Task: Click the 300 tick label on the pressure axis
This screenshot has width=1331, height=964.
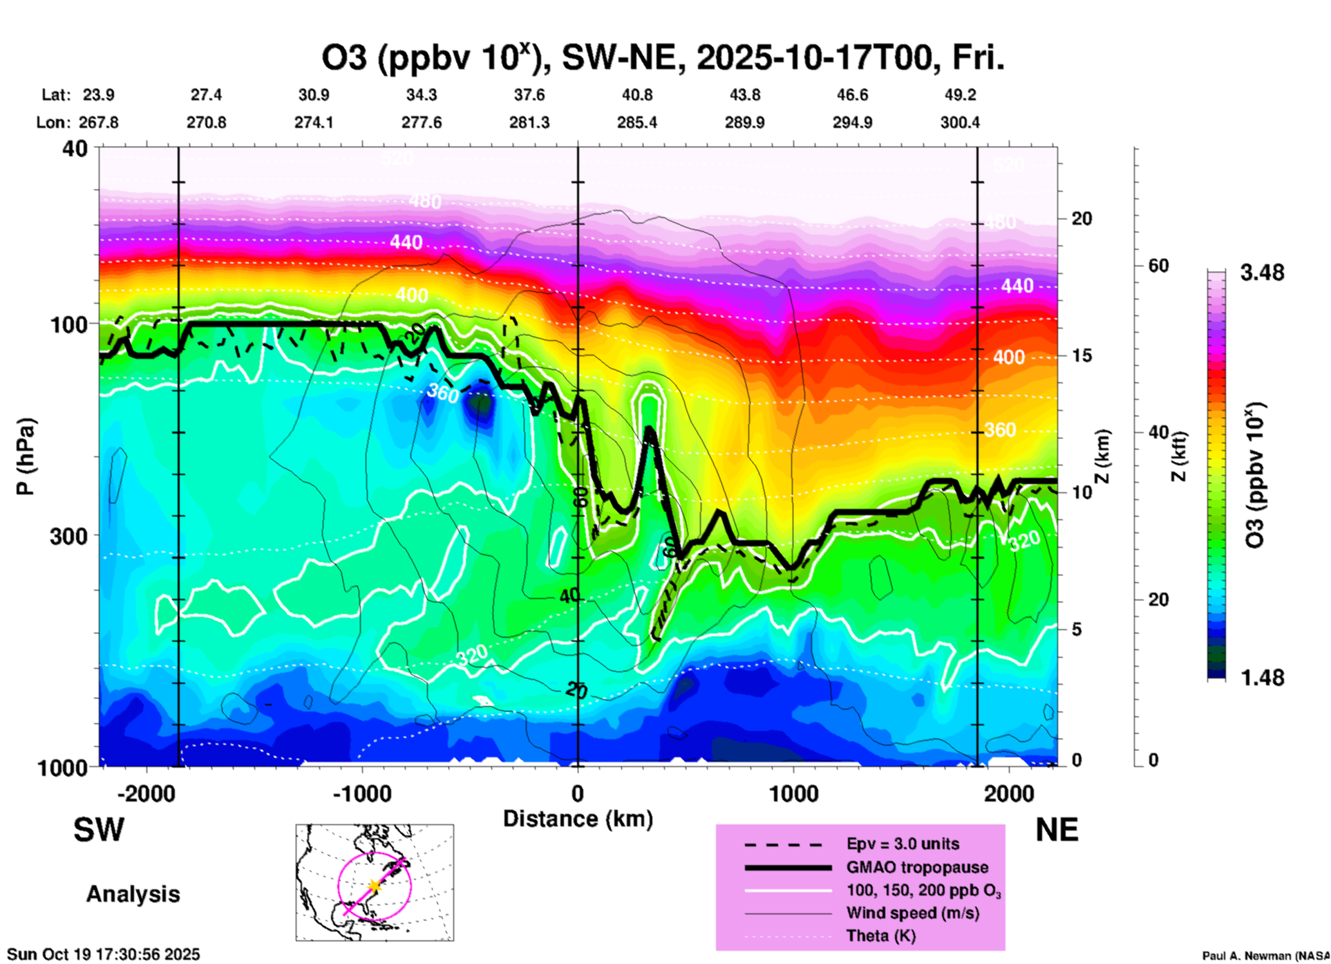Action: coord(68,535)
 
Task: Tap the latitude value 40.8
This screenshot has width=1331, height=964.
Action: coord(636,95)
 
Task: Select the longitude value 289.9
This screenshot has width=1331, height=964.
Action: coord(744,122)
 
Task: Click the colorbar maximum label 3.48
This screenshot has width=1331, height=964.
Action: coord(1261,272)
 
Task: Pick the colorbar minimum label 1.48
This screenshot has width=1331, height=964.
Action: coord(1261,677)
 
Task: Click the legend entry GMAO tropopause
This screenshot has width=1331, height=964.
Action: coord(917,867)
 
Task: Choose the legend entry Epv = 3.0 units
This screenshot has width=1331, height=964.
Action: coord(903,844)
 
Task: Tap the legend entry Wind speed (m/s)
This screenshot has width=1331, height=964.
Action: coord(912,913)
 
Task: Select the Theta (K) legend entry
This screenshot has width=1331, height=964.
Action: coord(880,936)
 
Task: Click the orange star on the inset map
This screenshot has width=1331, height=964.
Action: coord(375,886)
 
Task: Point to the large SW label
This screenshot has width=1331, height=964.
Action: coord(99,830)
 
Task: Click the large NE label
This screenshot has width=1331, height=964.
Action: coord(1057,830)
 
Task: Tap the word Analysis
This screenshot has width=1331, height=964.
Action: coord(133,894)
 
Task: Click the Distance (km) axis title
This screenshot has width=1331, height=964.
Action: coord(578,819)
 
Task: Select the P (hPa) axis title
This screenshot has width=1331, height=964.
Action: coord(26,456)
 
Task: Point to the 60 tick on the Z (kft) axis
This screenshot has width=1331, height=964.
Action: coord(1158,266)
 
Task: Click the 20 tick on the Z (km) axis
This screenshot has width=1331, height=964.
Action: coord(1082,219)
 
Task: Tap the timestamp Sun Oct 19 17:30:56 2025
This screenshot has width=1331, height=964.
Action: coord(104,954)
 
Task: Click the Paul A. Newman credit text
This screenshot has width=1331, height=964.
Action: coord(1265,956)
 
